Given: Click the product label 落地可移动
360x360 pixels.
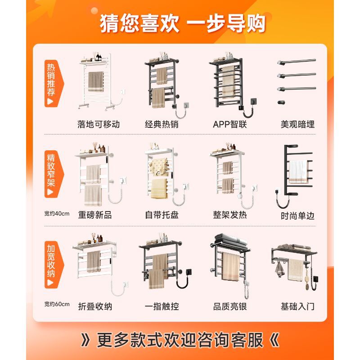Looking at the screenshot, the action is point(99,124).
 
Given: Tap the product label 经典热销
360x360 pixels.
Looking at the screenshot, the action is point(162,124).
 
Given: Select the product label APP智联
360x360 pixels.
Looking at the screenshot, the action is point(230,124).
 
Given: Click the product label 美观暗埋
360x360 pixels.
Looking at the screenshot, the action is point(297,124).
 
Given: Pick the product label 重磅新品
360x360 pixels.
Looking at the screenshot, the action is point(95,215).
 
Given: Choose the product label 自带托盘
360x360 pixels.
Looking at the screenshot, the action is point(162,215).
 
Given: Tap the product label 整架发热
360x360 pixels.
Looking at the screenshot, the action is point(230,215).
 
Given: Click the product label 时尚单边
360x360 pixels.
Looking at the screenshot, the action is point(297,216).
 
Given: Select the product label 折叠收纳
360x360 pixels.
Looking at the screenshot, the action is point(95,306).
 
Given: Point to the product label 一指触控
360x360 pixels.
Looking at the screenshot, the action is point(162,306).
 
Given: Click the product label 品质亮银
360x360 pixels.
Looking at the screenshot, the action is point(230,306).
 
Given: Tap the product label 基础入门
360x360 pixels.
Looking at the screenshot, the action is point(297,306).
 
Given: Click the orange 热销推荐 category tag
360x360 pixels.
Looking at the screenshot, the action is point(52,84).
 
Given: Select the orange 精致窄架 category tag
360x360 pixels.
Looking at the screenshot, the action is point(52,174).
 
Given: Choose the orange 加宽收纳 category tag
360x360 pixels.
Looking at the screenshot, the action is point(52,265).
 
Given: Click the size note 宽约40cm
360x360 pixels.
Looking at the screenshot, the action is point(57,213).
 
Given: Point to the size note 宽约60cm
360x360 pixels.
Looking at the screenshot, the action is point(57,304).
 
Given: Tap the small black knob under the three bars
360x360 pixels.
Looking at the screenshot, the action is point(281,102).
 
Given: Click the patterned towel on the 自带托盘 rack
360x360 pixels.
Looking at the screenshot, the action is point(158,167).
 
